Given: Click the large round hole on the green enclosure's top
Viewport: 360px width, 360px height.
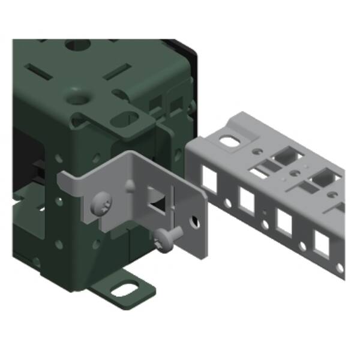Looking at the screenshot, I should pos(77,46).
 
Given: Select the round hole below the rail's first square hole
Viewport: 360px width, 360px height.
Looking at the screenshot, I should pos(227,203).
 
